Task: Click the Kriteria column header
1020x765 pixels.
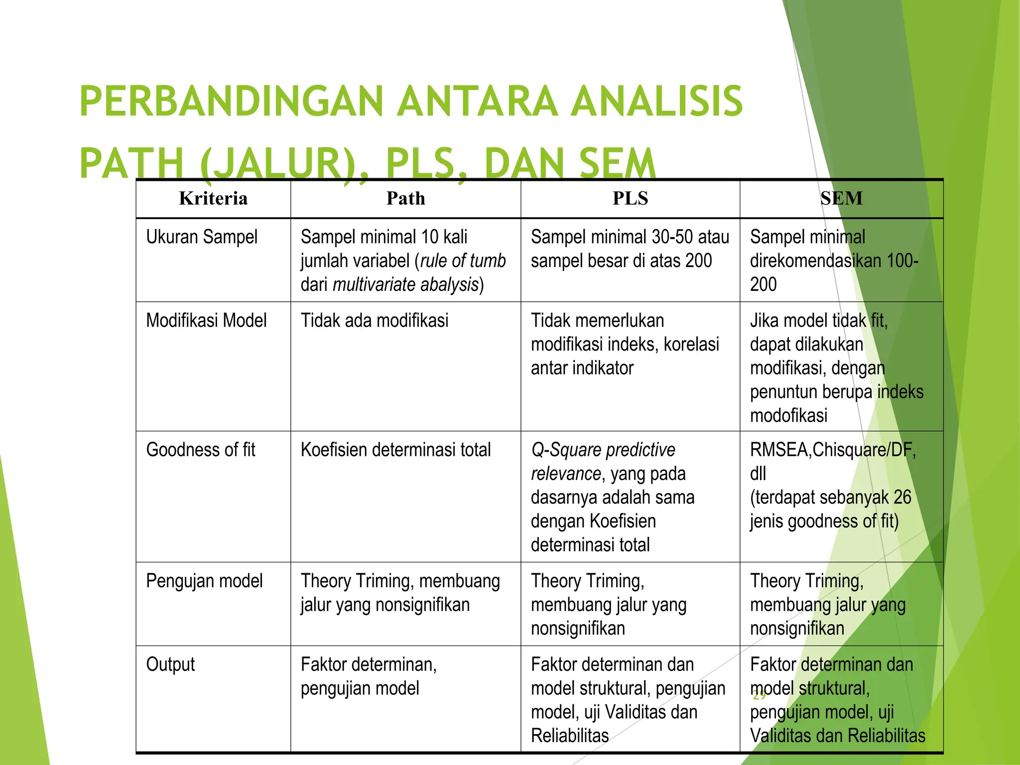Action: (x=213, y=199)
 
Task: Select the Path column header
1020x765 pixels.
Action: (x=406, y=199)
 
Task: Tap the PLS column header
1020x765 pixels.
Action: (x=630, y=199)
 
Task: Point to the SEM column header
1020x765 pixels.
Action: (x=841, y=199)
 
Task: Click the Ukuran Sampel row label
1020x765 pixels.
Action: (x=202, y=237)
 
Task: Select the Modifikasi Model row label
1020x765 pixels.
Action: (x=206, y=321)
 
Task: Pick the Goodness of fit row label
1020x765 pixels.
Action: (x=201, y=450)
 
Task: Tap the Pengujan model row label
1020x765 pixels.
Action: (x=204, y=581)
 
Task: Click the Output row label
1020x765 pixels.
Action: (x=170, y=665)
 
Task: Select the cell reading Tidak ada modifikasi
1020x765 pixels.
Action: (x=375, y=321)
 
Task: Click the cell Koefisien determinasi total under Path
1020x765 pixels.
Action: (x=395, y=450)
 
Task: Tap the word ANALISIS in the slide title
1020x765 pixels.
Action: (x=657, y=102)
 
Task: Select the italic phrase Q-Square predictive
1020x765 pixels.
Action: (x=603, y=450)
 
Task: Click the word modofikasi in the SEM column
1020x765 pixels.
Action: (x=788, y=415)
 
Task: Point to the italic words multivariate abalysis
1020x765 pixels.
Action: (x=405, y=285)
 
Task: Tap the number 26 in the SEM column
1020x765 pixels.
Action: (x=902, y=498)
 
